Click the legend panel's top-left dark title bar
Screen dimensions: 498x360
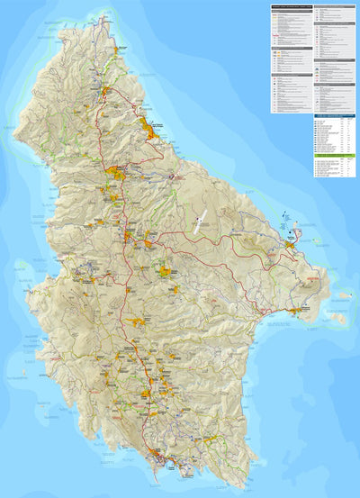click(291, 9)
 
